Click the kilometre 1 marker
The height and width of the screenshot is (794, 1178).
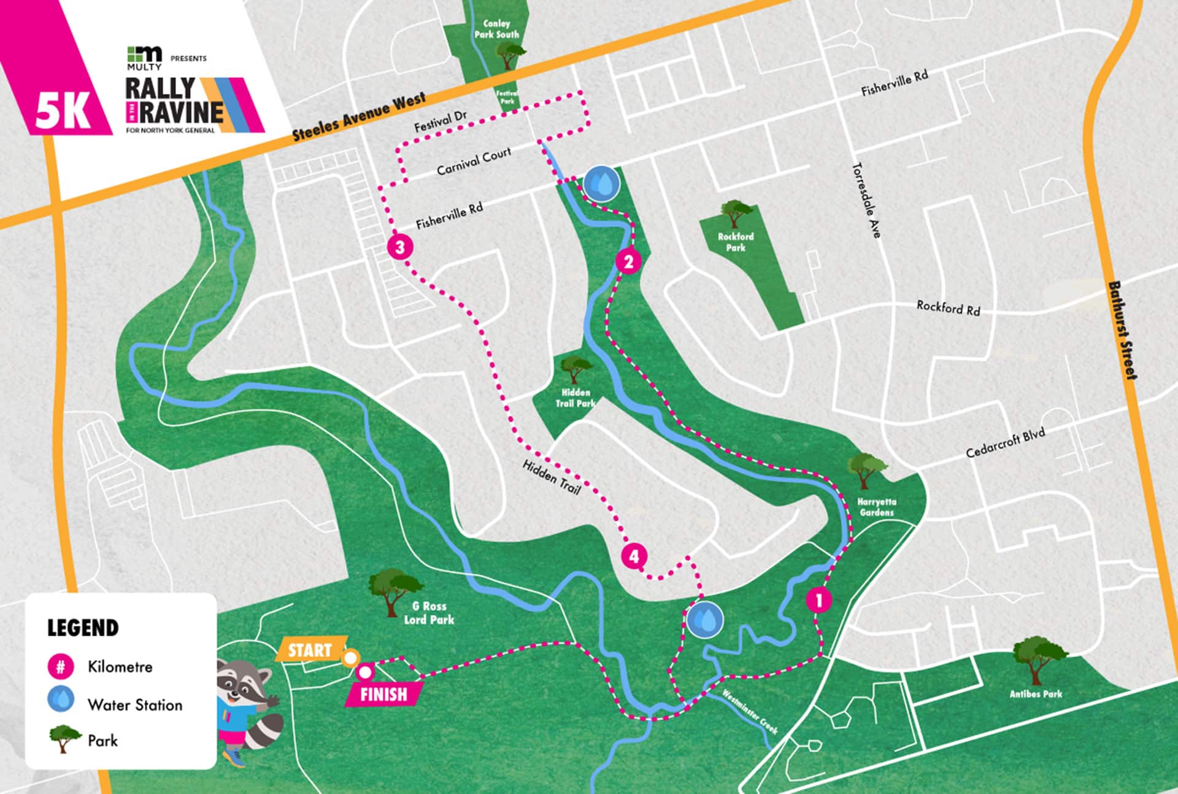(x=818, y=599)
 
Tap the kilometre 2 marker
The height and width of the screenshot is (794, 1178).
(x=628, y=262)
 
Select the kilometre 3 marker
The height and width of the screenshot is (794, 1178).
(x=400, y=247)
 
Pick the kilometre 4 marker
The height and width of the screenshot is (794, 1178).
(x=634, y=557)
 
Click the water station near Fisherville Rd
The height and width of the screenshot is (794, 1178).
(x=601, y=183)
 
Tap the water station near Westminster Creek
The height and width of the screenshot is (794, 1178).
(x=704, y=620)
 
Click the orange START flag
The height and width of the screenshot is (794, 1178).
(x=310, y=650)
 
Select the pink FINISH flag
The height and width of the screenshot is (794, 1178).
(x=383, y=694)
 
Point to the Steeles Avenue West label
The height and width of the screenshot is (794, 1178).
(x=358, y=117)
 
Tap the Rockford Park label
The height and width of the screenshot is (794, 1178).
(x=736, y=242)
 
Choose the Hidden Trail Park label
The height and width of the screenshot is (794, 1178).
(x=576, y=398)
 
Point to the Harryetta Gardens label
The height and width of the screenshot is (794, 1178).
(x=876, y=507)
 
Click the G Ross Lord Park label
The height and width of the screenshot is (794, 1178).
(x=429, y=613)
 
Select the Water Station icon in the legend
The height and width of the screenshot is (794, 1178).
(x=61, y=700)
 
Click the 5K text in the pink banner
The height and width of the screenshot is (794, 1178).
(x=62, y=112)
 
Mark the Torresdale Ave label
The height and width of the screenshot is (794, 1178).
(x=866, y=200)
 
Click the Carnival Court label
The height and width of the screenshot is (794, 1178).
(x=474, y=161)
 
